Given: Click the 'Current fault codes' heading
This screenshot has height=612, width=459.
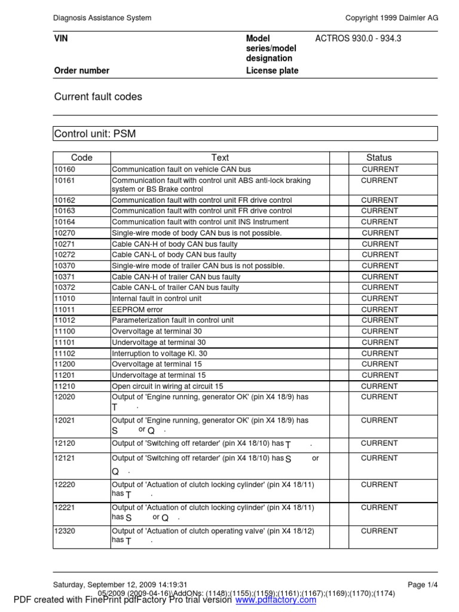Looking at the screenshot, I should tap(98, 96).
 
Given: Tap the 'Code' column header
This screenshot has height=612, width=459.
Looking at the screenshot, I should tap(82, 158).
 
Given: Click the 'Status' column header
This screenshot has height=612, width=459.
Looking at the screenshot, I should tap(379, 158).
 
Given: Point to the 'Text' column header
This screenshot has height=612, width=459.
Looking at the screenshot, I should tap(220, 158).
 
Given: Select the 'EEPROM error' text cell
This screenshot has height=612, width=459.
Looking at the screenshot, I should tap(138, 310).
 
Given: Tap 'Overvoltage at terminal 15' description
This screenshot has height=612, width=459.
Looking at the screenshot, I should tap(159, 364).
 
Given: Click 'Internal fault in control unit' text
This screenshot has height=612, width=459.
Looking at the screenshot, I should tap(157, 298).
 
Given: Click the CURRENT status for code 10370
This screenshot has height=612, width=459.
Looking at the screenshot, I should tap(380, 265).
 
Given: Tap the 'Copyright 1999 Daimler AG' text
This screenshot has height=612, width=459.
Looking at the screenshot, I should tap(392, 18).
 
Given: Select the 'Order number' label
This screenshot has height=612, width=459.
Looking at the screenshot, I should tap(82, 71).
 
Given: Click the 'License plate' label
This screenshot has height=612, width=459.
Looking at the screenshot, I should tap(272, 71).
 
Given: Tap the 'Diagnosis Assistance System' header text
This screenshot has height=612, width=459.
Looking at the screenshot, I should tap(102, 18).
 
